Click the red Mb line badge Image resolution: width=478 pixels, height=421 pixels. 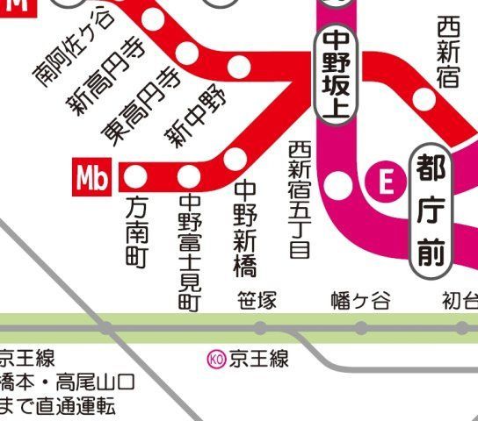click(x=91, y=178)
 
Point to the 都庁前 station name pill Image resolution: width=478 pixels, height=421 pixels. click(x=431, y=210)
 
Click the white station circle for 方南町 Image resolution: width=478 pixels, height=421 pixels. click(x=135, y=177)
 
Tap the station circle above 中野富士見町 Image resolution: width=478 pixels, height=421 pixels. click(x=188, y=177)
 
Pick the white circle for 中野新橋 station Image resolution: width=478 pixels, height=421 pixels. click(x=235, y=158)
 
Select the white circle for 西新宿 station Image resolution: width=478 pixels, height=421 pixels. click(x=425, y=99)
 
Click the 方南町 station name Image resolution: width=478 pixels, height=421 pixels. click(x=136, y=232)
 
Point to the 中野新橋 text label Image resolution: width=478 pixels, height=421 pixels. click(x=244, y=226)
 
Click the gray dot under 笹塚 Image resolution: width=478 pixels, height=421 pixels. click(x=260, y=328)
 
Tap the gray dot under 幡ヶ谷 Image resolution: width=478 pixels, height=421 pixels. click(x=360, y=328)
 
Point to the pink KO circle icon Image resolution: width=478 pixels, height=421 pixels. click(x=215, y=358)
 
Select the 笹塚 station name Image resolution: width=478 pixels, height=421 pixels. click(x=257, y=301)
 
